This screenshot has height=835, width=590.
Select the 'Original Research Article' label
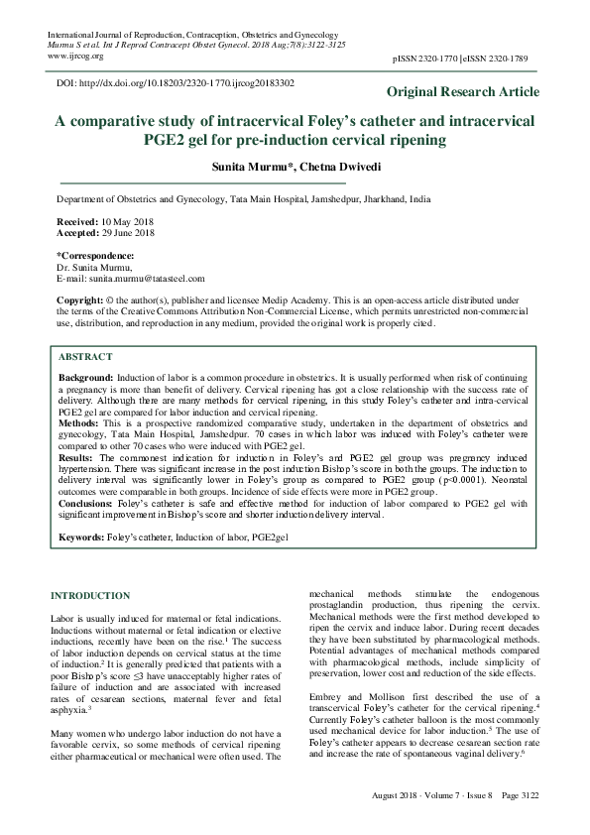point(463,92)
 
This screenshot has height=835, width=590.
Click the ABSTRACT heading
point(85,355)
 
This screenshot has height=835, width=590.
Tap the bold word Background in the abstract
point(86,379)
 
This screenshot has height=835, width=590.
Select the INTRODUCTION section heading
point(89,595)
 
